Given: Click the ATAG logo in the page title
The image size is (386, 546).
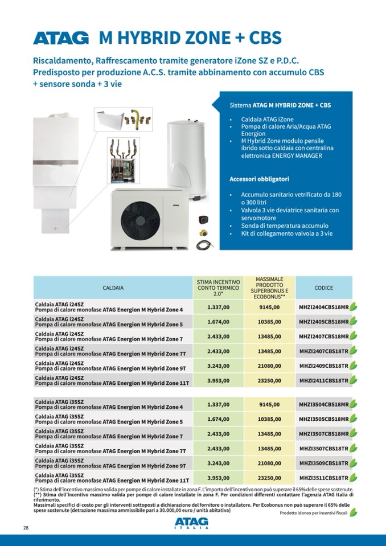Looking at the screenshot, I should point(61,38).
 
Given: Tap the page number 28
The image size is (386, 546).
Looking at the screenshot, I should point(26,528).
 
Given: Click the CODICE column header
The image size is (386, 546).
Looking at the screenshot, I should point(323,288).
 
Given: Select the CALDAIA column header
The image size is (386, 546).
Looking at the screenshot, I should point(113,288).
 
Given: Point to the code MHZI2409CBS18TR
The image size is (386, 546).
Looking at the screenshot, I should point(323,365).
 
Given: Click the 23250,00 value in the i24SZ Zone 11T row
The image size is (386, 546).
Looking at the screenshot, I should point(269,380).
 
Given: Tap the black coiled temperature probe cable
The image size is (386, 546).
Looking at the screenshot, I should point(202,245).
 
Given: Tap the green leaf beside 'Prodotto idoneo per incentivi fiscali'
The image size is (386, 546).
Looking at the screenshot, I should point(354,512).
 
